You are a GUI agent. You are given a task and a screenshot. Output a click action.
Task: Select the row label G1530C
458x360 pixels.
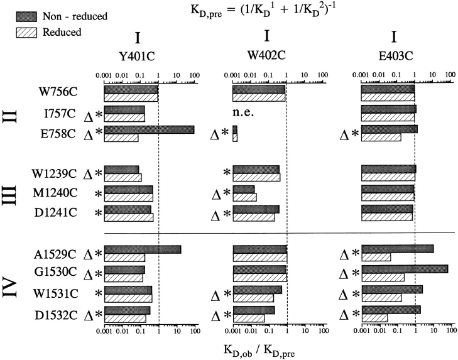(57, 274)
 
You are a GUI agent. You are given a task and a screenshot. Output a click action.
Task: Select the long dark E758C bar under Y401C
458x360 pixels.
(149, 129)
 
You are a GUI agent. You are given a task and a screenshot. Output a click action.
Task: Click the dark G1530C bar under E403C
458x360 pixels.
(405, 269)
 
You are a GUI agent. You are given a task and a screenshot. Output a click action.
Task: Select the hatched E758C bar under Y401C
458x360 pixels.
(121, 137)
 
